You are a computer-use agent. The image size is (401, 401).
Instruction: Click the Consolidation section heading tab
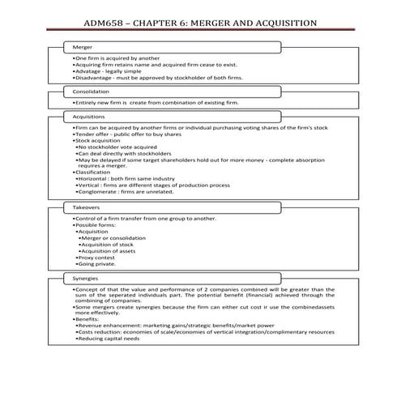91,92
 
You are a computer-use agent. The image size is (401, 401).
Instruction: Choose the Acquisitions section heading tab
89,117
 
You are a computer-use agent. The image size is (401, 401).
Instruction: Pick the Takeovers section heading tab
87,207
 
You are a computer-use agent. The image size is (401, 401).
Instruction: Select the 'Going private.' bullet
98,263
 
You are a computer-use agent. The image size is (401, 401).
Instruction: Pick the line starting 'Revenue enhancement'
178,325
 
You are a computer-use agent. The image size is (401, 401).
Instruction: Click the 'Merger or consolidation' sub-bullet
113,237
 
